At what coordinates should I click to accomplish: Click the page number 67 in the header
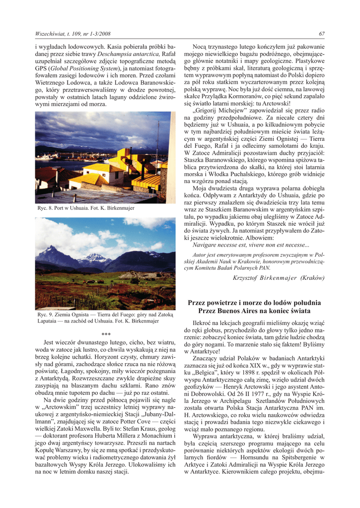(x=322, y=34)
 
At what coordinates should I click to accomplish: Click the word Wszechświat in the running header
(x=50, y=34)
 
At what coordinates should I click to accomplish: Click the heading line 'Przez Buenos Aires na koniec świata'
(x=254, y=311)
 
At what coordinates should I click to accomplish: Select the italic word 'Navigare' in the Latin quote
(x=206, y=245)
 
